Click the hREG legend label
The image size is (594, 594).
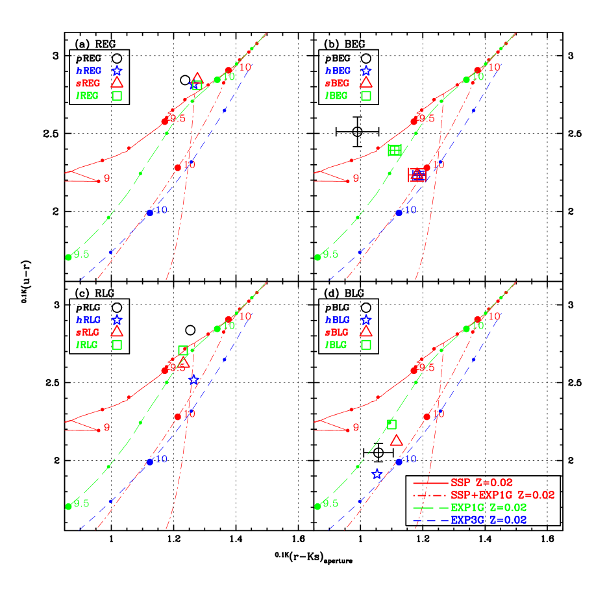click(x=88, y=71)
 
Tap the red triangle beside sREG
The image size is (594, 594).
click(x=117, y=82)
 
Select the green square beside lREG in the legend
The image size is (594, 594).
click(x=117, y=95)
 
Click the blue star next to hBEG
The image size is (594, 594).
click(x=366, y=70)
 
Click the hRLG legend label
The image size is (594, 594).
click(x=88, y=320)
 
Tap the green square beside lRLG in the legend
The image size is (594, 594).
click(x=117, y=345)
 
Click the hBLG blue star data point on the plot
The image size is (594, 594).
click(x=377, y=474)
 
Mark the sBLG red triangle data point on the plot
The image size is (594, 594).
click(x=397, y=440)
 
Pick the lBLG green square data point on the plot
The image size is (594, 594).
click(x=391, y=424)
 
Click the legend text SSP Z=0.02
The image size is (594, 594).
click(x=481, y=483)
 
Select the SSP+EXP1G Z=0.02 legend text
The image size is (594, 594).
click(x=502, y=495)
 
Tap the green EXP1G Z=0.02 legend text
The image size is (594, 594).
click(x=488, y=508)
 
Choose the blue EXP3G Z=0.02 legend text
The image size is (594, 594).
click(x=488, y=520)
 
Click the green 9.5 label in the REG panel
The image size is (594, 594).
click(x=81, y=254)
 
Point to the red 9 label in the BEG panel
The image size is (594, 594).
click(x=356, y=179)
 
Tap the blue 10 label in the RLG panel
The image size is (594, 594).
click(x=161, y=459)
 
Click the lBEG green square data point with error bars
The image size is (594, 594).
click(x=395, y=150)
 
